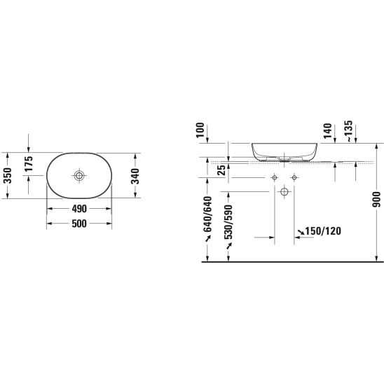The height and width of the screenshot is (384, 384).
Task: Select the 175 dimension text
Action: [29, 163]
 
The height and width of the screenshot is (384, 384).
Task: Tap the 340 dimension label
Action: [135, 176]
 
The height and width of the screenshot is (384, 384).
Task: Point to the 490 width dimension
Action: [79, 209]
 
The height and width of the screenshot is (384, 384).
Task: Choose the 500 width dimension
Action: [79, 224]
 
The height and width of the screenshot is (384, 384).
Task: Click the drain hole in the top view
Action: [79, 175]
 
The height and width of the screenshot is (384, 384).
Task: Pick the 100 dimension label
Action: [200, 130]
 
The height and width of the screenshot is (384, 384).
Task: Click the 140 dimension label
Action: [328, 131]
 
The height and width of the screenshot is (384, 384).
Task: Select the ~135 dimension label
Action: [349, 131]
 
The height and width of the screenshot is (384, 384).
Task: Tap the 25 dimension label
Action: [221, 170]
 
